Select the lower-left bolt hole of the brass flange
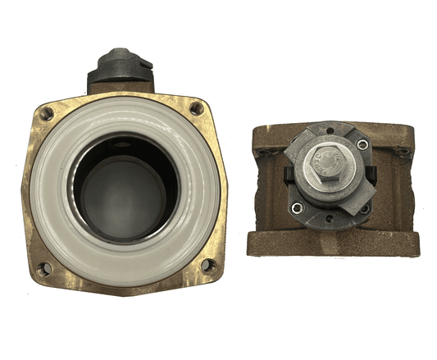[45, 267]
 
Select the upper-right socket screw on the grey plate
[362, 145]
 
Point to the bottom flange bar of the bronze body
[332, 244]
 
